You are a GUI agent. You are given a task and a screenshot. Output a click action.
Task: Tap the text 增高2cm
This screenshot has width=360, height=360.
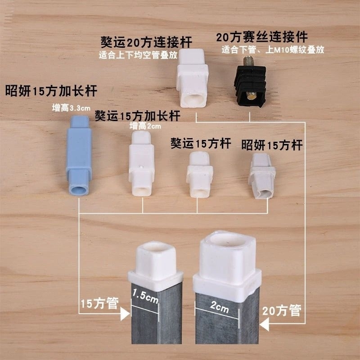[145, 126]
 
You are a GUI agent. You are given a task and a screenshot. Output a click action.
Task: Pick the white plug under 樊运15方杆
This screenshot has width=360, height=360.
[199, 174]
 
